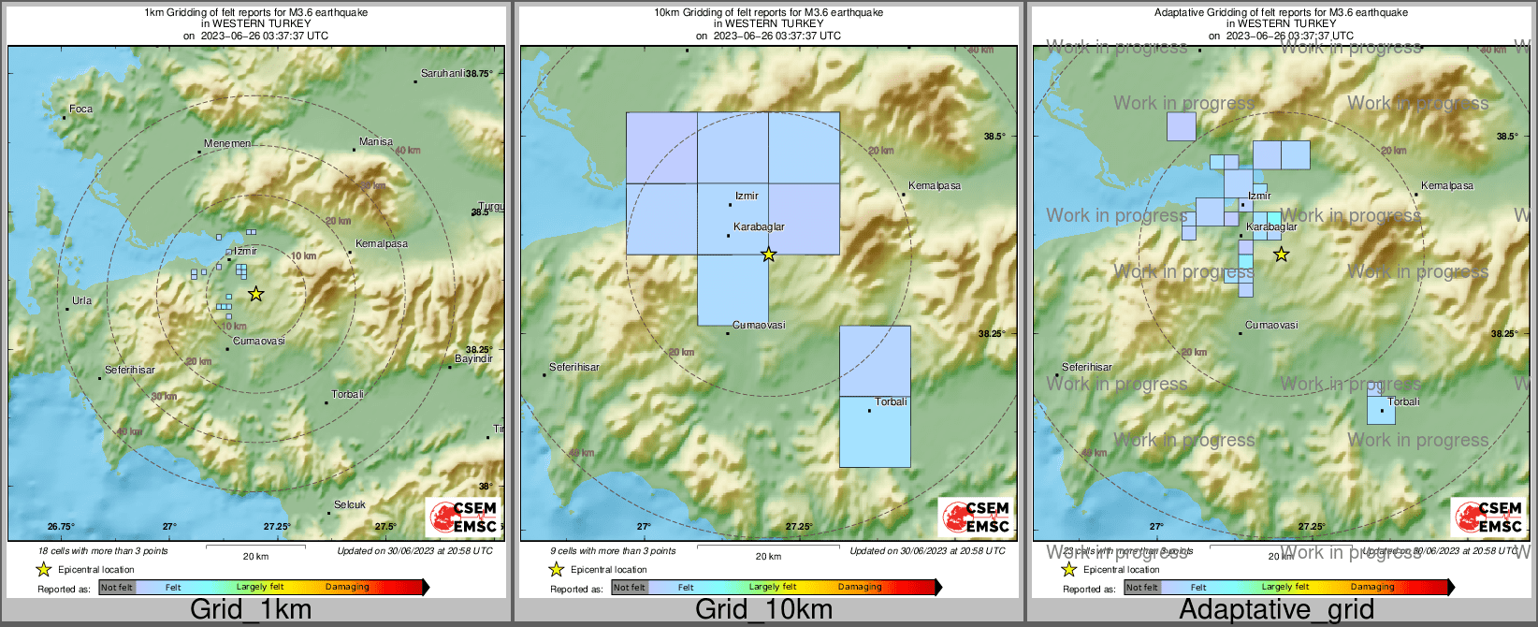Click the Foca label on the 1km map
[80, 109]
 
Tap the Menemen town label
[227, 143]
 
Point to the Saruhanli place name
[443, 73]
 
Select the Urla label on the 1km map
[81, 300]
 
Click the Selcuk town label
[350, 504]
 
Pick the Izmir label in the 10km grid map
[747, 196]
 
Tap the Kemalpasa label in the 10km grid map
[935, 185]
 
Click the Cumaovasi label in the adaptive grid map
[1271, 325]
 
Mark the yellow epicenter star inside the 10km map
[768, 254]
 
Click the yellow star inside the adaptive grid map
[1281, 254]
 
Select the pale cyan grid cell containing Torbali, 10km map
[875, 431]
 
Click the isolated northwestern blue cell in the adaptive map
[1181, 126]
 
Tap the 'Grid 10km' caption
[763, 609]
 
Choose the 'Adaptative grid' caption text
[1276, 609]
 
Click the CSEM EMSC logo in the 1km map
[462, 517]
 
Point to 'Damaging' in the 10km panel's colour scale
[860, 587]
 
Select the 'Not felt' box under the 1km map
[117, 588]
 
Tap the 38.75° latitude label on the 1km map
[479, 73]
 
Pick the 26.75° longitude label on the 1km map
[61, 527]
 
